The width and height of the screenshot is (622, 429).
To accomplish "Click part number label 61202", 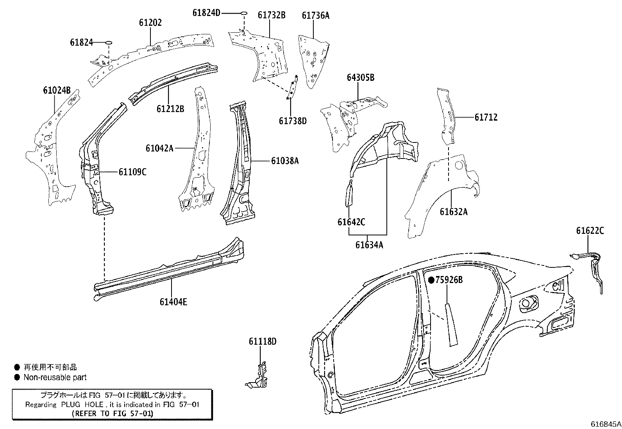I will (x=150, y=23).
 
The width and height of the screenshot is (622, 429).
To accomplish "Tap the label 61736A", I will (x=315, y=16).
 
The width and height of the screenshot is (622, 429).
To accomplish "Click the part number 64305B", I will (x=360, y=78).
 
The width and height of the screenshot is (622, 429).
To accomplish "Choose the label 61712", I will (x=486, y=117).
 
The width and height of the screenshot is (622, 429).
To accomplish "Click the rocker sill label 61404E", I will (x=173, y=301).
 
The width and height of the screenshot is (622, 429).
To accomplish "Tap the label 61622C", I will (x=590, y=231).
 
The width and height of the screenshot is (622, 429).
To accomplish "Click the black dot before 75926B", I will (x=431, y=280).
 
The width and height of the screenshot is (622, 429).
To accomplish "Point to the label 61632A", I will (x=453, y=212).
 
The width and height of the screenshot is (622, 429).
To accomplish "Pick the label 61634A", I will (x=369, y=245).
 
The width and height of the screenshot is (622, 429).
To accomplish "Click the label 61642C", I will (x=351, y=222).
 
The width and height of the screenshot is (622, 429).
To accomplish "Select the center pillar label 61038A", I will (x=285, y=160).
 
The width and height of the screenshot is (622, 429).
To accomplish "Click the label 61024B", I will (x=57, y=91).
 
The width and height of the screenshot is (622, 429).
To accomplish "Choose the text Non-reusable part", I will (x=55, y=377).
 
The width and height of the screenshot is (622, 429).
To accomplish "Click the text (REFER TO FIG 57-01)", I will (x=113, y=413).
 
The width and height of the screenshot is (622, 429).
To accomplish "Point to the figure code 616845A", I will (x=605, y=424).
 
